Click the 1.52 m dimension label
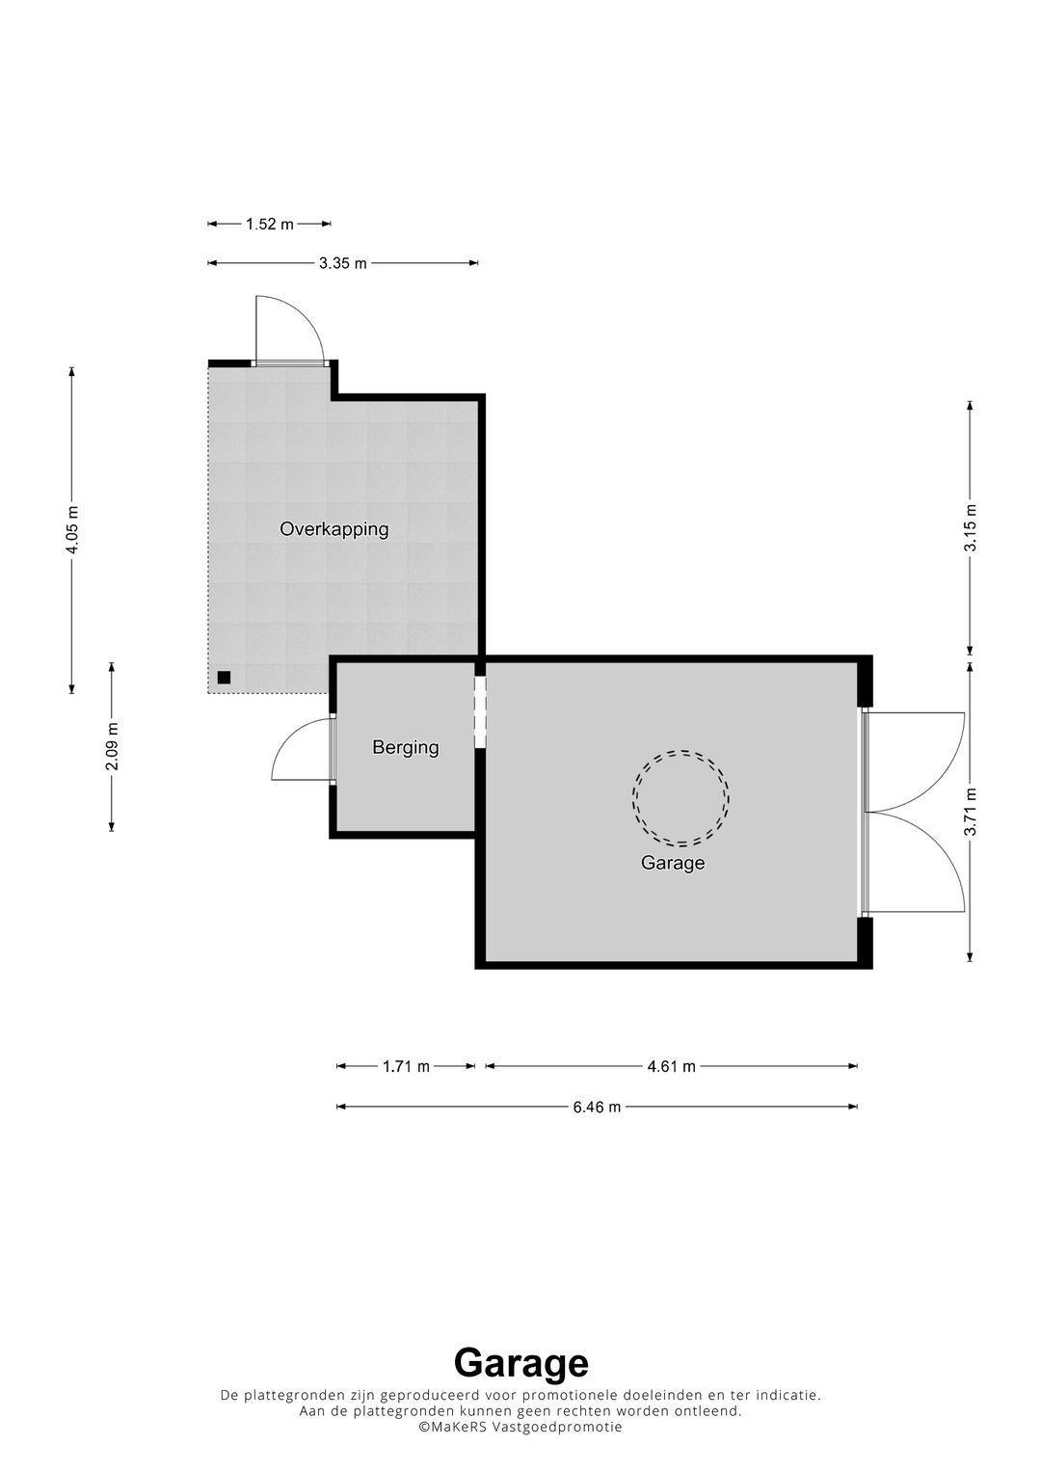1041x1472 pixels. point(270,224)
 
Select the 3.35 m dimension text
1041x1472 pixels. point(342,263)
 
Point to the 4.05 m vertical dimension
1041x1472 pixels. point(71,529)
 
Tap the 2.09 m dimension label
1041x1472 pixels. point(113,746)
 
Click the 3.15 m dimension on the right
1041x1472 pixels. point(971,527)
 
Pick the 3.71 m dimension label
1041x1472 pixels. point(971,812)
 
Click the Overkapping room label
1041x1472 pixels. point(334,529)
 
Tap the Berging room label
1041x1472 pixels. point(406,747)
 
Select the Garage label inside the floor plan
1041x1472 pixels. point(673,863)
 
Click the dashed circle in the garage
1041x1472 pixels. point(681,750)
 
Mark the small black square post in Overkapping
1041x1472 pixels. point(224,678)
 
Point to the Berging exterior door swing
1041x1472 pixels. point(289,733)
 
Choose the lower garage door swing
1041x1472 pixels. point(939,847)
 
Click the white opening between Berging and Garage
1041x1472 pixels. point(480,711)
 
